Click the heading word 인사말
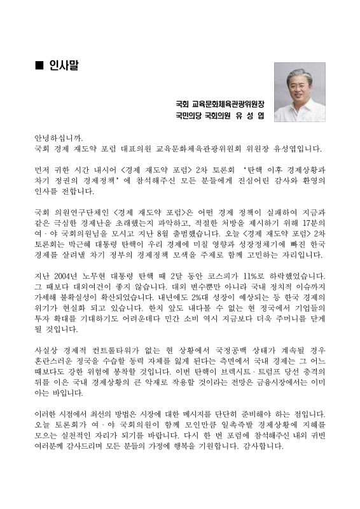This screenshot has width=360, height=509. [x=65, y=66]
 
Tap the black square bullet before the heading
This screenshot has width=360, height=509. [x=39, y=66]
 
